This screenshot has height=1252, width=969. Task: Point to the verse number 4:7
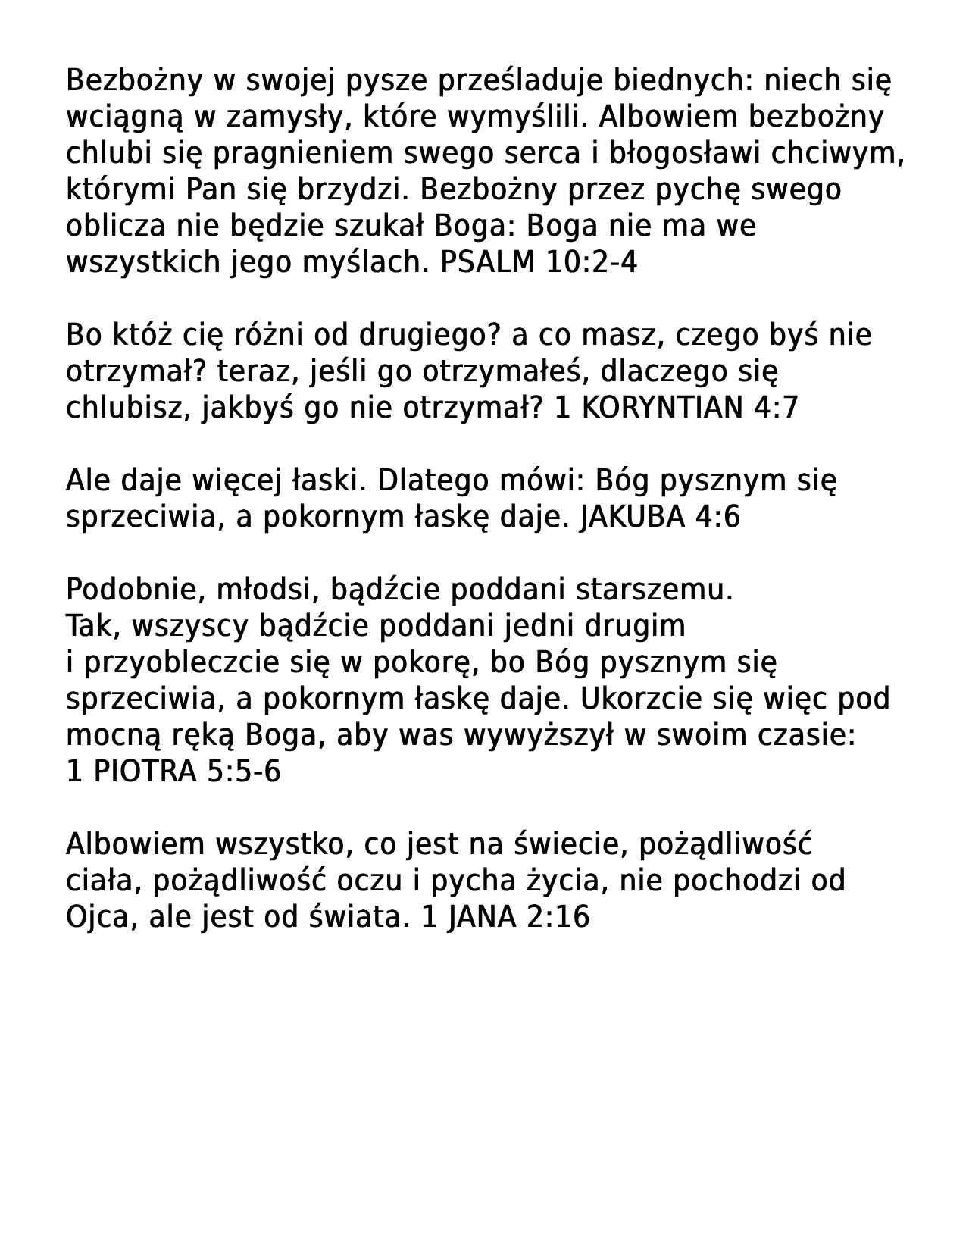tap(776, 408)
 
